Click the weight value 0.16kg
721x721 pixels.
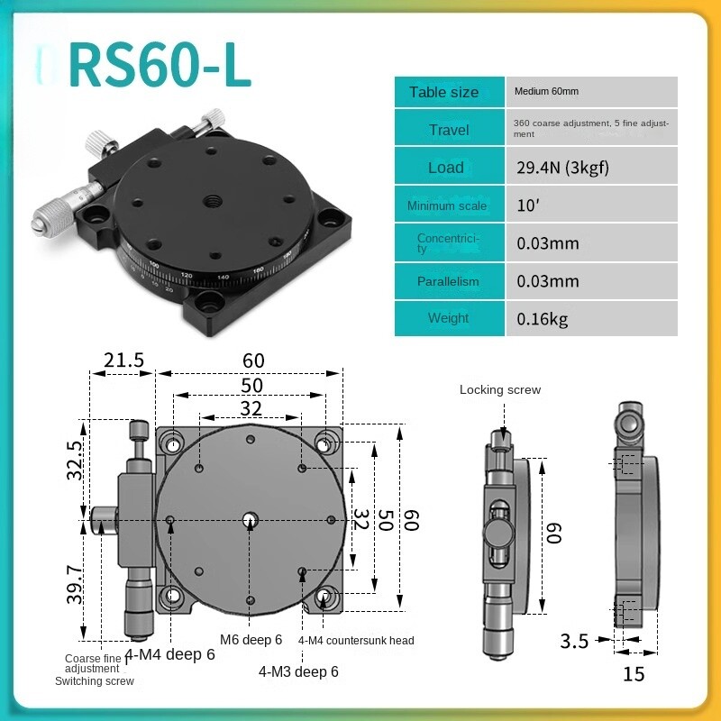[543, 318]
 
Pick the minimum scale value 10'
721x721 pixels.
[527, 205]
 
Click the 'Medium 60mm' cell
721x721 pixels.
[546, 92]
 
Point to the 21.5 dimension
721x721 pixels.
[123, 360]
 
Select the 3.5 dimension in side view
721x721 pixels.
[574, 642]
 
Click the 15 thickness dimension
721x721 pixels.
[634, 673]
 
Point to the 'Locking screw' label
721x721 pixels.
[500, 390]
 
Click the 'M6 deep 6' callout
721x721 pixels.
[251, 640]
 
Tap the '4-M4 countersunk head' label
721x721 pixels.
[356, 641]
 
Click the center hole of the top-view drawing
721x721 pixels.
[251, 519]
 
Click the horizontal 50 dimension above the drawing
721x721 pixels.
[251, 385]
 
